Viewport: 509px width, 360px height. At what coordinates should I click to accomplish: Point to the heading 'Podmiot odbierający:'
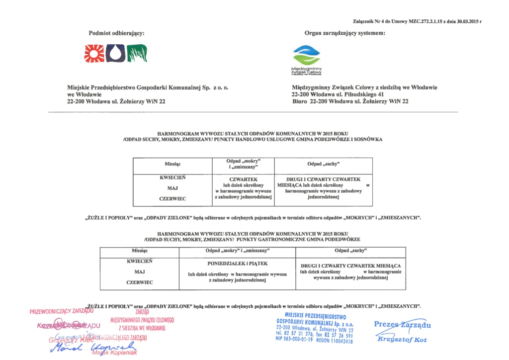coord(116,33)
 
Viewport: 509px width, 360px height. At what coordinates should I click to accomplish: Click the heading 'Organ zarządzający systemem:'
coord(345,33)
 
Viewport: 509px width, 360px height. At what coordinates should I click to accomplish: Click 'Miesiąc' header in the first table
coord(172,164)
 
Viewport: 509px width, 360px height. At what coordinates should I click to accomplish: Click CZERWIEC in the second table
coord(139,282)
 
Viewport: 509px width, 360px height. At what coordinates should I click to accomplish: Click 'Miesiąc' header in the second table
coord(139,251)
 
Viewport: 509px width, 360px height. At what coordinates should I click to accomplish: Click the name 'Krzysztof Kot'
coord(403,340)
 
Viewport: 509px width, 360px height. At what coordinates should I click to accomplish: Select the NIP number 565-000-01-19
coord(294,341)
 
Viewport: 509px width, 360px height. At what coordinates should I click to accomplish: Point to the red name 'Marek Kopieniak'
coord(115,353)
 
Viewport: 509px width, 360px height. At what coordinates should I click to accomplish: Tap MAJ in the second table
coord(139,271)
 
